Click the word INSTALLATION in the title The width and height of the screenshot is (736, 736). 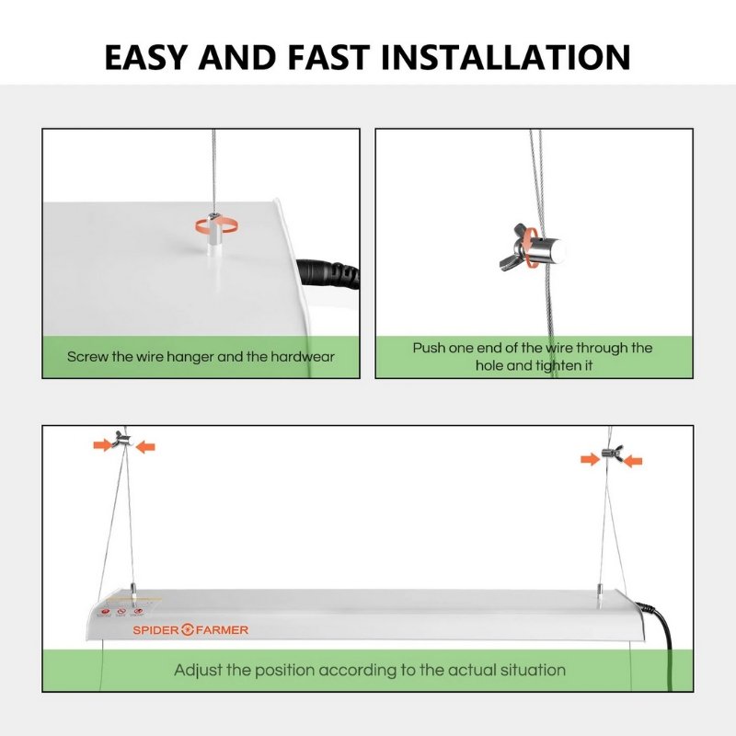(506, 56)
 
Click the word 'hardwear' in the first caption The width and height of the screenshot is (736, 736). (301, 356)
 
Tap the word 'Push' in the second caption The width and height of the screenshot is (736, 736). (430, 348)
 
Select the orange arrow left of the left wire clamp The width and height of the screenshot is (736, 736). (101, 445)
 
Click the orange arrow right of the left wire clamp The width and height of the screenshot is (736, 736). (145, 446)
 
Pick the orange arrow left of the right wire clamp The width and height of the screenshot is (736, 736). (590, 459)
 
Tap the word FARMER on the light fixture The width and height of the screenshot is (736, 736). (221, 630)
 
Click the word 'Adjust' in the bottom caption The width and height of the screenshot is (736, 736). (199, 670)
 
